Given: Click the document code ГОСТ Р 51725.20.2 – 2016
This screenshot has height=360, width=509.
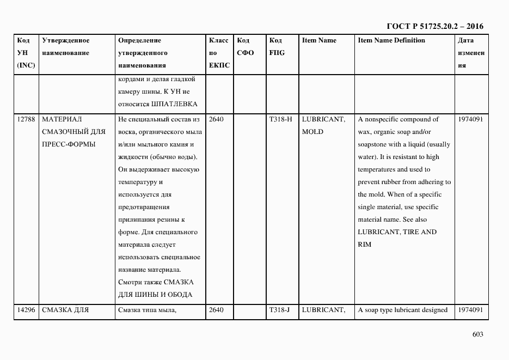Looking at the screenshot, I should point(435,26).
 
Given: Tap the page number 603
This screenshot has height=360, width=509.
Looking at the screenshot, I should point(477,334).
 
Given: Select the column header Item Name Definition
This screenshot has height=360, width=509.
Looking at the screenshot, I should point(391,40).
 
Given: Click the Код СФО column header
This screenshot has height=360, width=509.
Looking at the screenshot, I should point(246,47).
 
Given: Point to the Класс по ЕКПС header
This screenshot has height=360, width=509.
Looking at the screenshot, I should point(219,53).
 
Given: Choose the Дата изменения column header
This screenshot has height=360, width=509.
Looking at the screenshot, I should point(471,53).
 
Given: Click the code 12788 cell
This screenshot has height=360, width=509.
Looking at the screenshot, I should point(26,119).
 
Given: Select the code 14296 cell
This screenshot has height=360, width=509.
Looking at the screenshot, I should point(26,310).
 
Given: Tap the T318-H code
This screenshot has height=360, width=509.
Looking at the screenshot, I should point(280,119).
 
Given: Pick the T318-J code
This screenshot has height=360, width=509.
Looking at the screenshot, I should point(280,310).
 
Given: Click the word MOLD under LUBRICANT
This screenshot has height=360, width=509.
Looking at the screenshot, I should point(312,132).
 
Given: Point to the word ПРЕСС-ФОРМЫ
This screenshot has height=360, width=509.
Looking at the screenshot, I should point(68,144).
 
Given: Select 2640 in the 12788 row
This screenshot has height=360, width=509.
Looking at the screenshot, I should point(216,119).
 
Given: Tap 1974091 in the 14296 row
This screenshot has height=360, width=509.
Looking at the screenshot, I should point(470,310).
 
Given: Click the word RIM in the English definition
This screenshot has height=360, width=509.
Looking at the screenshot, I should point(364,245).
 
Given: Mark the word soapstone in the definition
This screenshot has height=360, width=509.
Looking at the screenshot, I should point(374,144).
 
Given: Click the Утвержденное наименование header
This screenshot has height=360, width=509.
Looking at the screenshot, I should point(66,47).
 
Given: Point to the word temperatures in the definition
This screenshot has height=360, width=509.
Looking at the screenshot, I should point(377,169).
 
